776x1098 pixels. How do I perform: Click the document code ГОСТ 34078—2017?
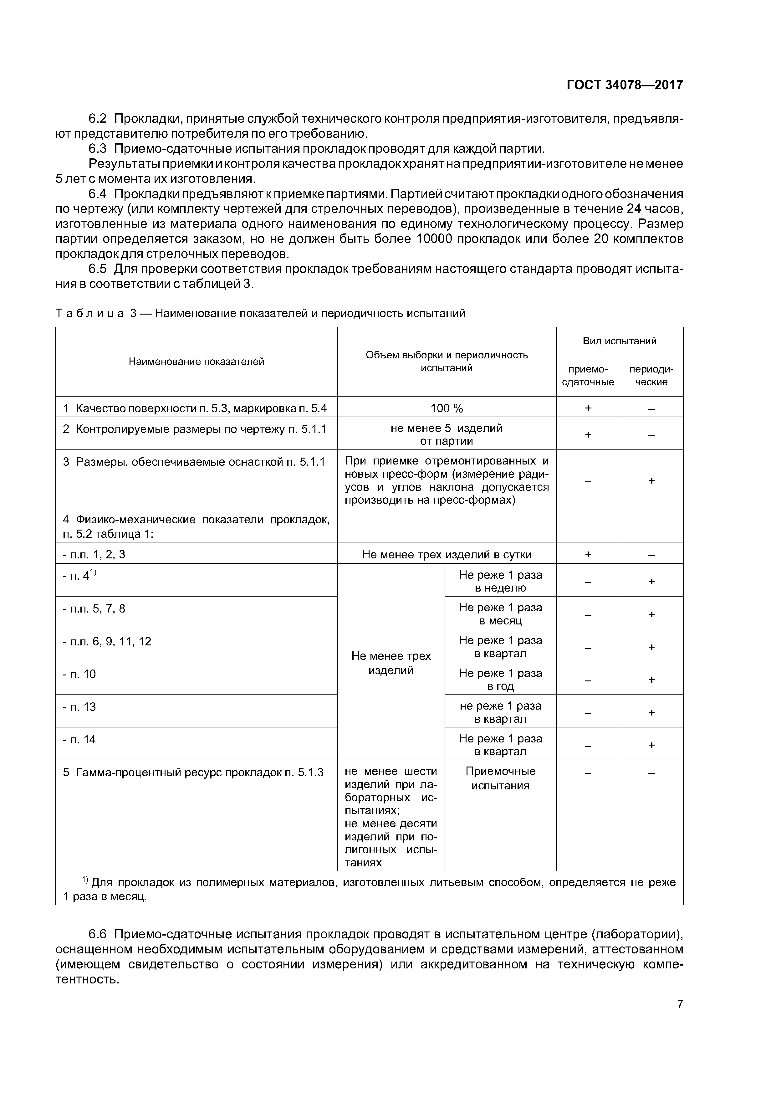pyautogui.click(x=625, y=85)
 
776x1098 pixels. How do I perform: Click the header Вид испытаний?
pyautogui.click(x=619, y=341)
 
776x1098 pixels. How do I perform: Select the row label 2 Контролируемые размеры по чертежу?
pyautogui.click(x=194, y=429)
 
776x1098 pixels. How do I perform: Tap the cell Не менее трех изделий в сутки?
pyautogui.click(x=446, y=554)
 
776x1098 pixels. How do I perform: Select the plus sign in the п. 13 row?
pyautogui.click(x=651, y=713)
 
